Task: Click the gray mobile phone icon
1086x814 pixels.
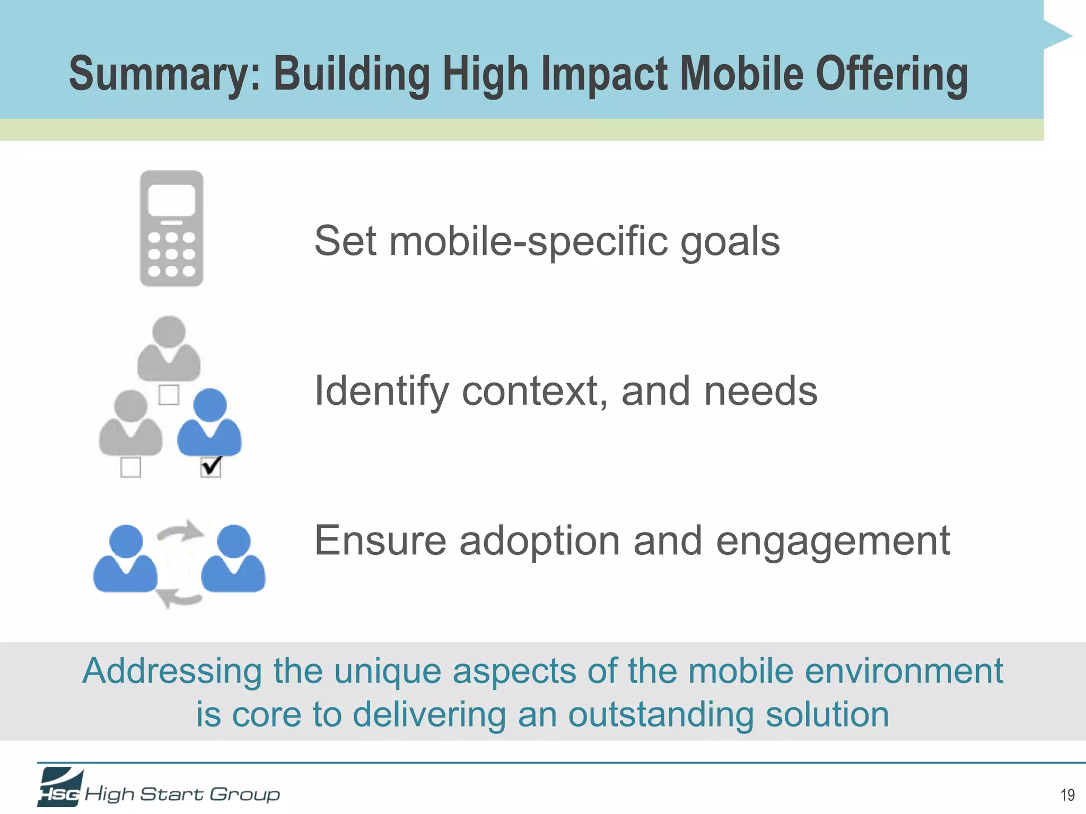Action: click(171, 228)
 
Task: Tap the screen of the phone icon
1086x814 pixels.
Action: click(171, 200)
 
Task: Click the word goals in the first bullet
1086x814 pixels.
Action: click(730, 242)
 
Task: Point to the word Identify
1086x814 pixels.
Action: click(381, 391)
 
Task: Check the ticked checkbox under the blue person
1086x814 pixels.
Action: click(211, 467)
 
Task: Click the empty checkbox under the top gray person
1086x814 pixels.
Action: click(169, 395)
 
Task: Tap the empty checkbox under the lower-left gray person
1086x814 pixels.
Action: click(130, 467)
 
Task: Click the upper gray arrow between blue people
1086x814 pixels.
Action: click(181, 532)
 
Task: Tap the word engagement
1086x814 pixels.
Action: click(833, 542)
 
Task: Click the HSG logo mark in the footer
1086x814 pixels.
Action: click(60, 788)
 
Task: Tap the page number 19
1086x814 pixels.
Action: click(1067, 795)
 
